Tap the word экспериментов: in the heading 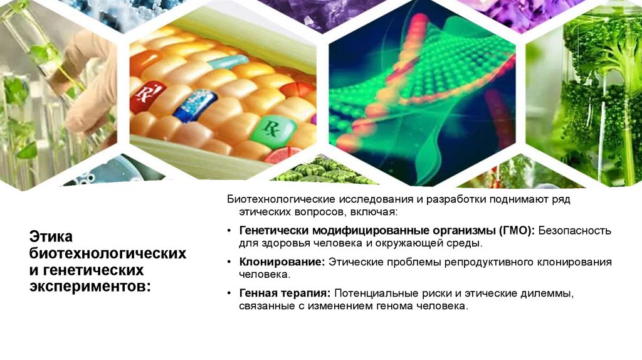[90, 286]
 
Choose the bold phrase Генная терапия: [285, 294]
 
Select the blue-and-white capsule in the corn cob [194, 105]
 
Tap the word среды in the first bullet [466, 243]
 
